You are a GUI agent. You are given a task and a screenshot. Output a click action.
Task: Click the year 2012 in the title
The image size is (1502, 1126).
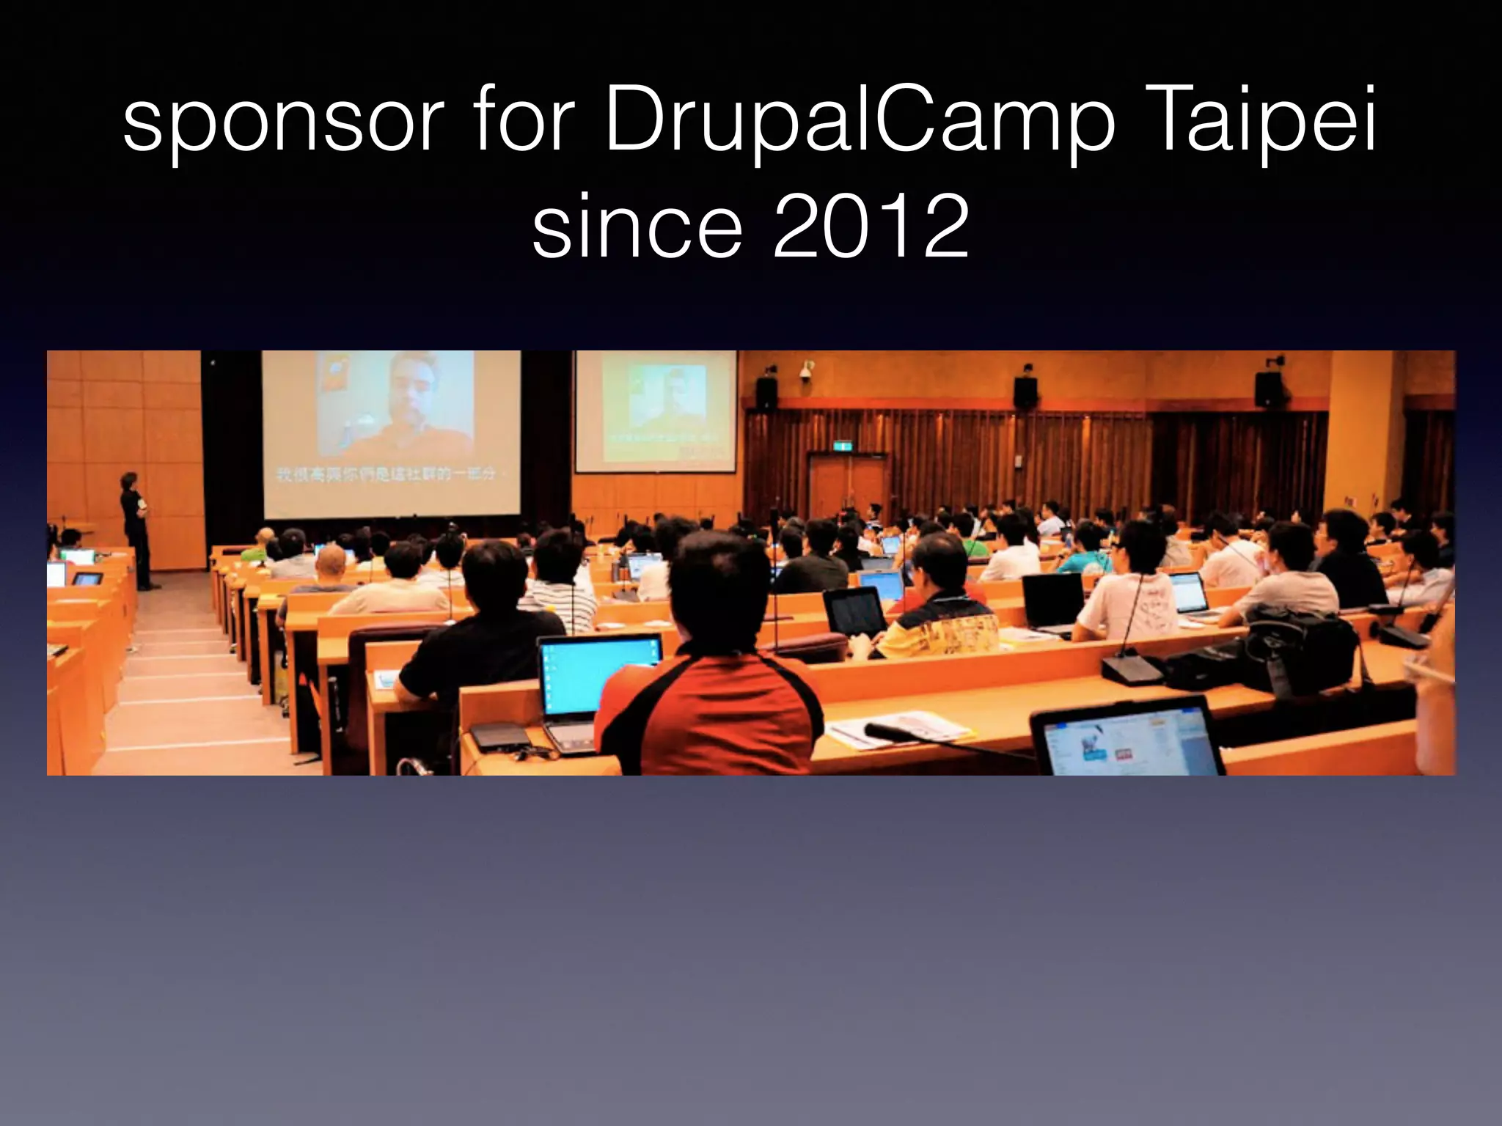point(871,227)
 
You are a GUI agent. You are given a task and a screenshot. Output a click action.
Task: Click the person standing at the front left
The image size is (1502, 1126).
point(136,528)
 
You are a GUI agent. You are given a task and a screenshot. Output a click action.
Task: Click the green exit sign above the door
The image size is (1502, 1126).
point(845,445)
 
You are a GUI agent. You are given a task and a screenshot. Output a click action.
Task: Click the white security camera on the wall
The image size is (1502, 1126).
point(807,369)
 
